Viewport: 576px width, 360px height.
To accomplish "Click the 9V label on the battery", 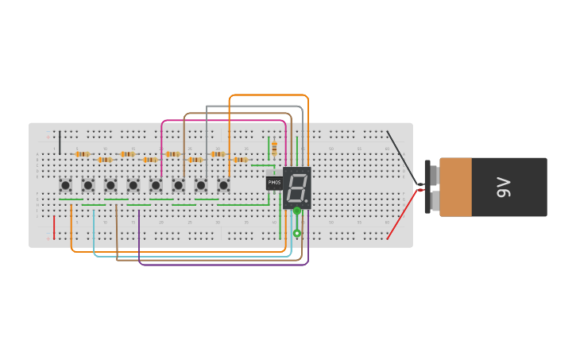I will click(x=503, y=188).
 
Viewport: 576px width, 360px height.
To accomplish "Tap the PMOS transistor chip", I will click(x=274, y=183).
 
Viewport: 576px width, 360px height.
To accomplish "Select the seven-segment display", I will click(x=296, y=188).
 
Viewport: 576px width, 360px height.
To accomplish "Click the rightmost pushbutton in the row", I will click(x=223, y=185).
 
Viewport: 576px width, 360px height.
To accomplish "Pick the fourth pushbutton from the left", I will click(x=133, y=185).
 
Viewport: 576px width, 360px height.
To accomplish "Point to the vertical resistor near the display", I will click(x=274, y=149).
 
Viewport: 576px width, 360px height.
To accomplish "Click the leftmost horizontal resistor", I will click(x=82, y=153).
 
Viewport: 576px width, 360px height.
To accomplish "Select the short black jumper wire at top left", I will click(x=60, y=143).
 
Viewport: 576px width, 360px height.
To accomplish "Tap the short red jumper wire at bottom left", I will click(x=54, y=226).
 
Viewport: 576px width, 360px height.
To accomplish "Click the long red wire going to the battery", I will click(x=401, y=215).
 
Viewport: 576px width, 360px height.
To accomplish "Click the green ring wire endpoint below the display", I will click(x=296, y=234).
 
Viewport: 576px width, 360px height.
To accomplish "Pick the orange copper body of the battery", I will click(x=455, y=188).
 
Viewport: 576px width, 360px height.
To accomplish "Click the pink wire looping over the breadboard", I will click(x=222, y=121).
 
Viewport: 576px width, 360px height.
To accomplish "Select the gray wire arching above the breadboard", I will click(x=254, y=106).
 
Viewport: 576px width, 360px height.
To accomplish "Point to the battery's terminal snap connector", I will click(x=429, y=188).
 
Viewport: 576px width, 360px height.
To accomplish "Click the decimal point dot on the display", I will click(x=306, y=201).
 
